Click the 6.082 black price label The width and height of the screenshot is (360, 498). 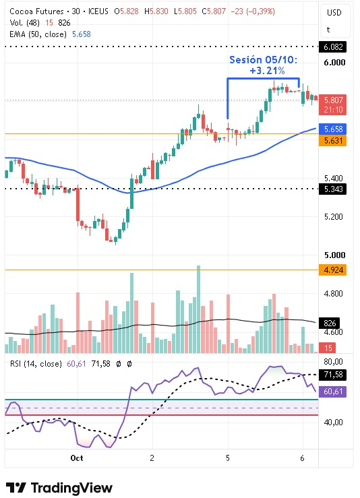pos(332,47)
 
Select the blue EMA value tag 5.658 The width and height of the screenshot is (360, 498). pos(332,129)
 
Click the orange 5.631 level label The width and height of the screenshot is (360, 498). pos(332,140)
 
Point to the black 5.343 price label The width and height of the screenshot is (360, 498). pos(332,189)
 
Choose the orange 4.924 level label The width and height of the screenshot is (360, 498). pos(332,270)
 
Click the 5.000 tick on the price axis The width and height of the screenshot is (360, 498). pos(334,255)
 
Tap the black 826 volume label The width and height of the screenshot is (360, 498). pos(329,323)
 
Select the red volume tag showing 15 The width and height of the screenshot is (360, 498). pos(327,348)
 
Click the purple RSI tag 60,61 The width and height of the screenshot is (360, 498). pos(332,392)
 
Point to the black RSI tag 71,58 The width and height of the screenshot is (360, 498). pos(332,375)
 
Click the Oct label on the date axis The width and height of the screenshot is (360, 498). pos(77,458)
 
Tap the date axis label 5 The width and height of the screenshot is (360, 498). pos(227,458)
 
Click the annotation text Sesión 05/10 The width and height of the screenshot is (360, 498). pos(264,60)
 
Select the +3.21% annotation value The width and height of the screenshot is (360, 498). pos(267,71)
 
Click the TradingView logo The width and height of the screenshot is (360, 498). pos(59,487)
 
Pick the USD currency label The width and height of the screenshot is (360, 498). pos(334,13)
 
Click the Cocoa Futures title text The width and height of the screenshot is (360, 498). pos(36,11)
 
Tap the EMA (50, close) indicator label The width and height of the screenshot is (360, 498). pos(38,34)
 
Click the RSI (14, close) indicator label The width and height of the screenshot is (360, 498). pos(36,364)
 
